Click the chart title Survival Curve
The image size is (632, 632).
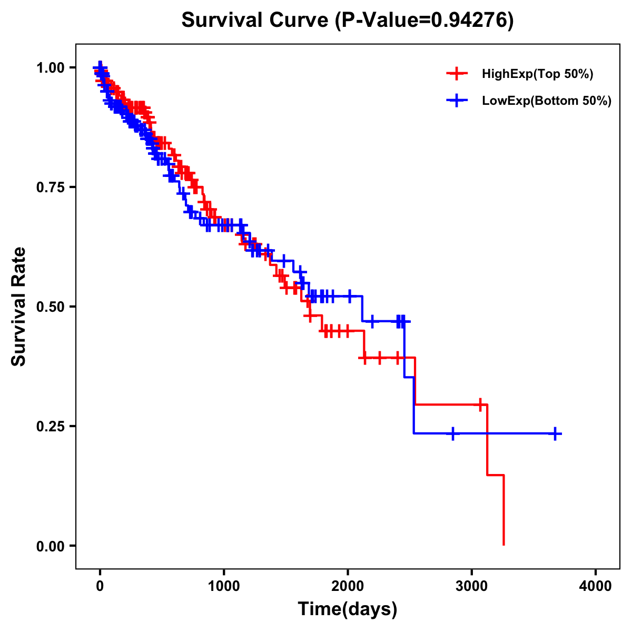256,21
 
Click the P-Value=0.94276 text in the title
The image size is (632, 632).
425,21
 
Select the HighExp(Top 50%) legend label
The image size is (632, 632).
537,74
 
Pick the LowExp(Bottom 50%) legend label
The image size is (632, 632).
546,101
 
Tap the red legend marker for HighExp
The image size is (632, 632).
457,74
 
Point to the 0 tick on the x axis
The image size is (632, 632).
100,586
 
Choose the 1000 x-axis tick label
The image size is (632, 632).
224,586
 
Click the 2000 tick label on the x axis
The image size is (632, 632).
348,586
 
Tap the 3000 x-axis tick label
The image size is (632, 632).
472,586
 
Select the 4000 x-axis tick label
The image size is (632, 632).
596,586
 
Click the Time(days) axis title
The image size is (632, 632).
348,609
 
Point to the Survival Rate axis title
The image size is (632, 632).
19,307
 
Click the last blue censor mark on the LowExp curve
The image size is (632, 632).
555,433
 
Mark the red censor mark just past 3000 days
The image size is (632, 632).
480,404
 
